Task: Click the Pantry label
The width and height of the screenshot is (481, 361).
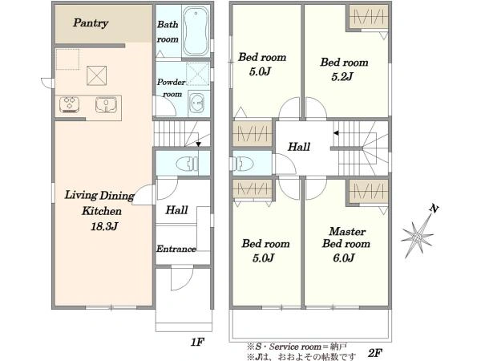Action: click(91, 23)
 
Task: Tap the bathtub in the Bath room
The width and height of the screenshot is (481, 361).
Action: click(196, 31)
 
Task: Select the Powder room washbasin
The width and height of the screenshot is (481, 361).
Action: click(196, 103)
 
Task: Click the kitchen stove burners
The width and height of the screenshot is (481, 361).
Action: click(70, 104)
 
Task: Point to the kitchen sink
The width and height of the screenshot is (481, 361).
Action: click(106, 104)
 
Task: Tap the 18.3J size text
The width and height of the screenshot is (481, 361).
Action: click(104, 226)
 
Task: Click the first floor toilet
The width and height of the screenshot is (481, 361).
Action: click(188, 164)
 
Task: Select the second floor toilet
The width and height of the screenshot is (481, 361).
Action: click(242, 164)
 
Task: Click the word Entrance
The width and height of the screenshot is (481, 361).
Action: click(176, 249)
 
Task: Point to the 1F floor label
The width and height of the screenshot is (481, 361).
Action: click(197, 342)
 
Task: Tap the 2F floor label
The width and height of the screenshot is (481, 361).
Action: click(374, 353)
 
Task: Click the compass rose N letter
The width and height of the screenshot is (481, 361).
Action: click(434, 209)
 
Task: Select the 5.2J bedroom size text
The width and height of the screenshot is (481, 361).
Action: click(342, 76)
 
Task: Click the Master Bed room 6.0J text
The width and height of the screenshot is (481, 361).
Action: click(346, 245)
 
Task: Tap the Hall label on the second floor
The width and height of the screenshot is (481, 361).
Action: click(299, 147)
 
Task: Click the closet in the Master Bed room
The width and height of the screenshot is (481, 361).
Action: click(369, 191)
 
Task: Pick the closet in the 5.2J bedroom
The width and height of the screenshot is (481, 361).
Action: click(369, 17)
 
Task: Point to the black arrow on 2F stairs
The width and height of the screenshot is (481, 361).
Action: click(336, 133)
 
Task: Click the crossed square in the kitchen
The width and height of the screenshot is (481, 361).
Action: click(97, 75)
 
